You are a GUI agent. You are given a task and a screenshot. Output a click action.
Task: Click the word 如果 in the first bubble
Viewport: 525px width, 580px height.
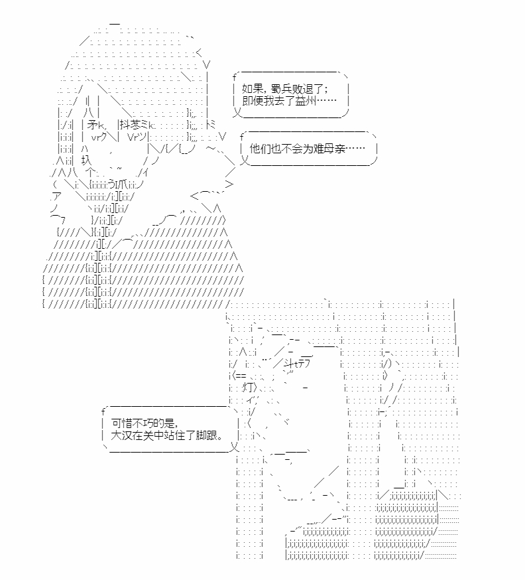(x=253, y=89)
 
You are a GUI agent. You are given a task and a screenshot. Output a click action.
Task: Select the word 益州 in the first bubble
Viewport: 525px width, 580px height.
(x=306, y=101)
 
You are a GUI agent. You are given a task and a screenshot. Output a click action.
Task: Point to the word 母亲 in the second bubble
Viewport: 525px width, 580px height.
(x=335, y=149)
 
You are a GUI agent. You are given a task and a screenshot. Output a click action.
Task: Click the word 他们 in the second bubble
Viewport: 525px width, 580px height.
(x=261, y=149)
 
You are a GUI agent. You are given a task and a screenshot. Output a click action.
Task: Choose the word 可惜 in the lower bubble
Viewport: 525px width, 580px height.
(x=122, y=423)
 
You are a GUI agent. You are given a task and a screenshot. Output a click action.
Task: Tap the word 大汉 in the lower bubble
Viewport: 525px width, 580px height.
(x=122, y=435)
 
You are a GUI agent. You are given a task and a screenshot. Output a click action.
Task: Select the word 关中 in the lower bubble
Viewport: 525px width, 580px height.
(x=153, y=435)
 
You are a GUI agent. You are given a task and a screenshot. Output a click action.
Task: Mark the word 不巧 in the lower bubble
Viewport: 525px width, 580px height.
(x=143, y=423)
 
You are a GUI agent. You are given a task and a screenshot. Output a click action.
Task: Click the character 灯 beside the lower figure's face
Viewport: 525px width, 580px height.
(x=249, y=388)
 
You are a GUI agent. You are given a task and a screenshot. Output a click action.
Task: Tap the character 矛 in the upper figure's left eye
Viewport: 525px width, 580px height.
(x=93, y=125)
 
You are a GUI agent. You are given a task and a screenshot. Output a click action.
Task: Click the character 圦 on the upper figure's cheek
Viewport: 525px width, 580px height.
(x=86, y=161)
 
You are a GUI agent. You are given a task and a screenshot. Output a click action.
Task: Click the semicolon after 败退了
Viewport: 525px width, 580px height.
(x=325, y=90)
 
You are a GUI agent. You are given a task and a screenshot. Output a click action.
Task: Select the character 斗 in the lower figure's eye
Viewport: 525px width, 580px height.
(x=289, y=364)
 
